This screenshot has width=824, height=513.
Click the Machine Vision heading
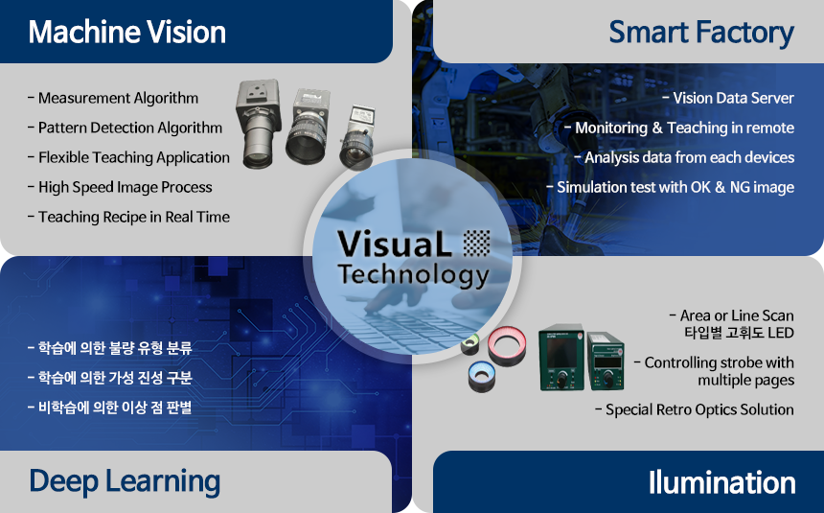pos(127,32)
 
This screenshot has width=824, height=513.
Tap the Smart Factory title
pos(701,33)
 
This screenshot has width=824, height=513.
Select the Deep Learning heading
pos(125,482)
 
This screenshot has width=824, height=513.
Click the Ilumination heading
pos(721,482)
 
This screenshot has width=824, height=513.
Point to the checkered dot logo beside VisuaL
pos(476,244)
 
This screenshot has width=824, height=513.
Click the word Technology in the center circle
pos(414,275)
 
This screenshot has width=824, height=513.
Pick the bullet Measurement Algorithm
pos(113,99)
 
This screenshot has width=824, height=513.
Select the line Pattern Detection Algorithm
pos(126,128)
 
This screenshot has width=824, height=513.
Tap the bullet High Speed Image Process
pos(120,187)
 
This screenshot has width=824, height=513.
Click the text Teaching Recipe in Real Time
pos(128,217)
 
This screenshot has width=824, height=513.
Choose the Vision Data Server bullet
pos(728,99)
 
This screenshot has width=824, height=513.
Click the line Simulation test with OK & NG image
pos(671,187)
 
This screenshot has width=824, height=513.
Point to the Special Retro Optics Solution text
pos(695,409)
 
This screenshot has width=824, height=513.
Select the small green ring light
pos(470,344)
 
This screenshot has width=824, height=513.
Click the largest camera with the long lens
pos(259,124)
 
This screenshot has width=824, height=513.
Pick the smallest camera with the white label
pos(358,137)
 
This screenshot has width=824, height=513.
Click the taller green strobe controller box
pos(561,358)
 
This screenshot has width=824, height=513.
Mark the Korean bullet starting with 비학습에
pos(110,408)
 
